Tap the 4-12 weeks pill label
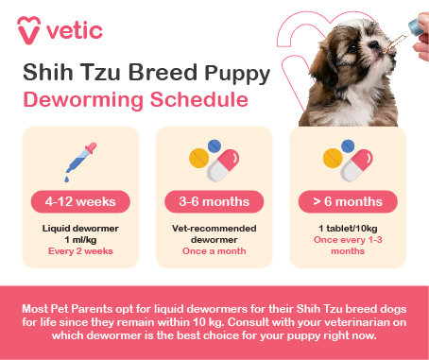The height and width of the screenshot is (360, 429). pos(81,201)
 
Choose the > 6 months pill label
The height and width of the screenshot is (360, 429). pos(347,201)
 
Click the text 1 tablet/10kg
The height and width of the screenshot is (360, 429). pos(347,228)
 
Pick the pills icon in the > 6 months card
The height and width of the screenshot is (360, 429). pos(347,163)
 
